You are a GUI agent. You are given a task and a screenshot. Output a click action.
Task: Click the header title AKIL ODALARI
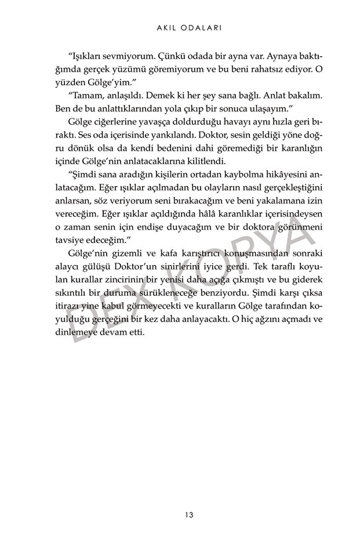tap(180, 27)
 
